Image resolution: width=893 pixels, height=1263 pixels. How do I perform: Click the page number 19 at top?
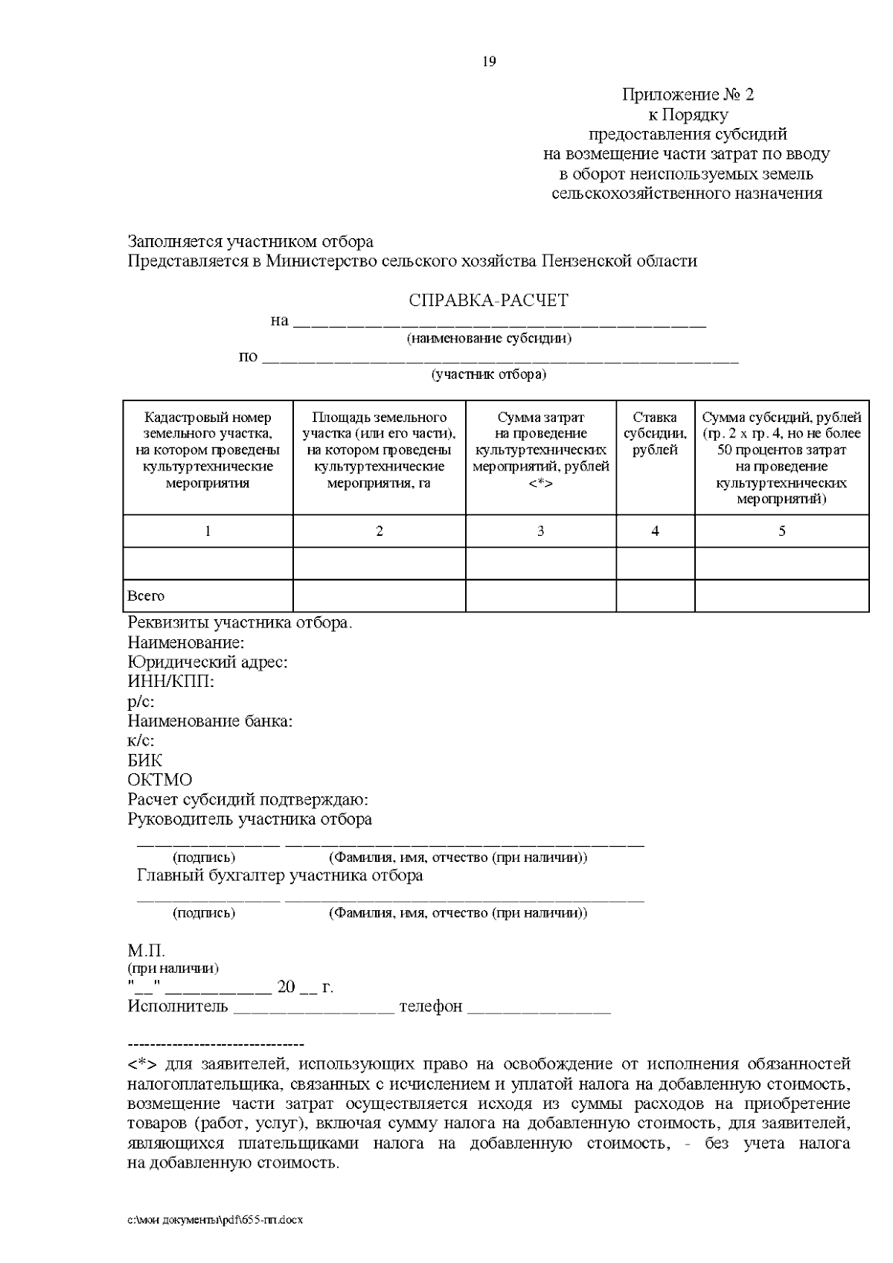(x=490, y=62)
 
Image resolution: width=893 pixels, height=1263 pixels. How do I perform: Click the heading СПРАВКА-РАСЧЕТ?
(x=488, y=301)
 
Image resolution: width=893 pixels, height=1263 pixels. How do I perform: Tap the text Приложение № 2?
(x=688, y=95)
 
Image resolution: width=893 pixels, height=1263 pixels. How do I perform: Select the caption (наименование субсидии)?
(x=489, y=339)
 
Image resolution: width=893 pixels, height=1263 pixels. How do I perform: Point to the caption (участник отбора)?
(x=489, y=374)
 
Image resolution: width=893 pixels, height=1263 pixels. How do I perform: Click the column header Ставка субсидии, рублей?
(x=655, y=434)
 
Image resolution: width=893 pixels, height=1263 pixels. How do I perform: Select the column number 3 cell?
(x=540, y=531)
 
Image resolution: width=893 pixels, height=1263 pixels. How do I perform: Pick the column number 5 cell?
(x=781, y=531)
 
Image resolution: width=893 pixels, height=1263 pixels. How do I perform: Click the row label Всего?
(x=146, y=596)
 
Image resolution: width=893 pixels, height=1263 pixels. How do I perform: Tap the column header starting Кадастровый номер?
(x=208, y=450)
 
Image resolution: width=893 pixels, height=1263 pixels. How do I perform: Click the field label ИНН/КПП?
(x=170, y=682)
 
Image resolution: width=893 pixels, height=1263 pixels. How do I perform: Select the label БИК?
(x=144, y=761)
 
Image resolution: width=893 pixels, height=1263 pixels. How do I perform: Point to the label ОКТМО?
(x=159, y=780)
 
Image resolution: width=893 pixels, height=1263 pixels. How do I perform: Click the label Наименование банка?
(x=210, y=721)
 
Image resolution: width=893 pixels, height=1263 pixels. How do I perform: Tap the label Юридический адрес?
(x=208, y=662)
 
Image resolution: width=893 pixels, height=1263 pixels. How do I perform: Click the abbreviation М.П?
(x=146, y=952)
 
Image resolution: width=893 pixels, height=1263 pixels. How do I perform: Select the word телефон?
(x=431, y=1007)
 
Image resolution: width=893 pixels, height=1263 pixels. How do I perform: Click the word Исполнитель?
(x=178, y=1007)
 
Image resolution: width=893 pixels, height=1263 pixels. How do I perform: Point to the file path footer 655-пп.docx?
(x=216, y=1221)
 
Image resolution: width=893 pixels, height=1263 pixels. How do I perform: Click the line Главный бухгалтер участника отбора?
(x=280, y=875)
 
